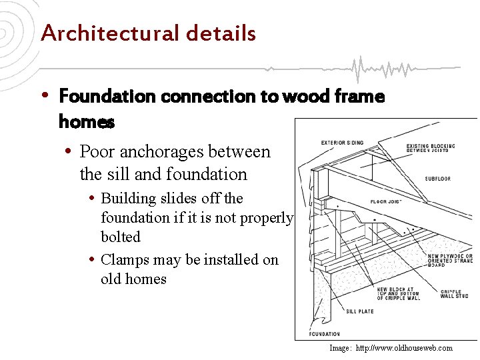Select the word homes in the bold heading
click(x=87, y=123)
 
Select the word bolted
click(x=121, y=237)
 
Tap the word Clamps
click(x=125, y=260)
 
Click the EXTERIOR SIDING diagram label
click(x=343, y=143)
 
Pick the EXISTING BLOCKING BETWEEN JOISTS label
click(x=431, y=149)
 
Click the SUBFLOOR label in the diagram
click(x=437, y=179)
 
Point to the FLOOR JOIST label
click(x=385, y=201)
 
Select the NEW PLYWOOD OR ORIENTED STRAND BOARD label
click(x=450, y=260)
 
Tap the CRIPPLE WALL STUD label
click(x=454, y=293)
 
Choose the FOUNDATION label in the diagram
click(x=325, y=333)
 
